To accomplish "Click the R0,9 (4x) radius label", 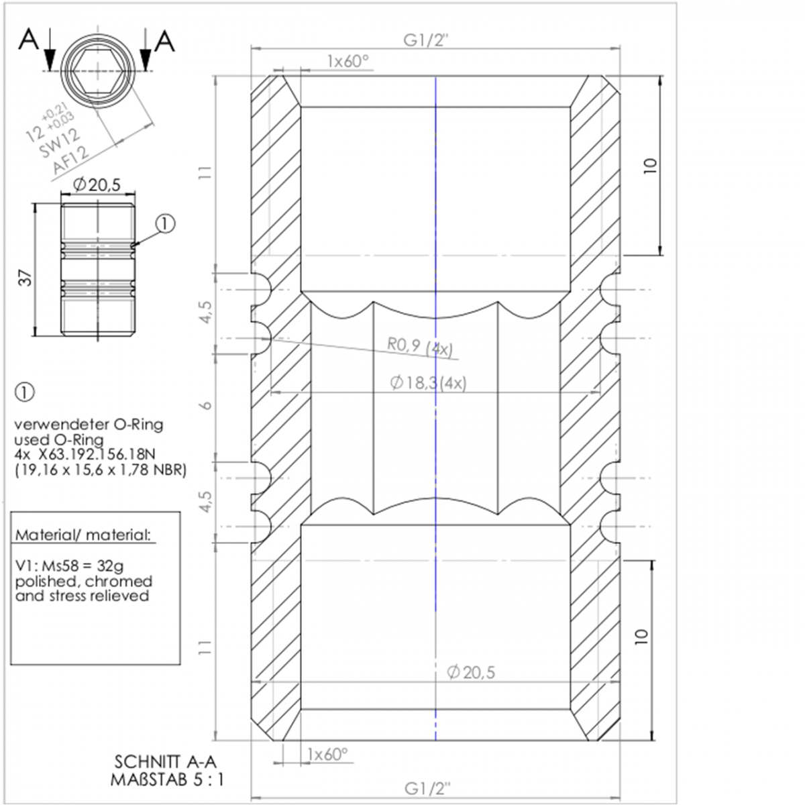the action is click(x=420, y=347).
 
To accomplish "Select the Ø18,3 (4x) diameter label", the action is click(x=428, y=382).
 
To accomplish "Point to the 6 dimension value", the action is click(x=207, y=405).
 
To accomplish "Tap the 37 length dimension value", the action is click(x=26, y=278).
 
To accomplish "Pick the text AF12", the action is click(x=70, y=160).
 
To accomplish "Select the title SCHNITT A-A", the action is click(x=166, y=762).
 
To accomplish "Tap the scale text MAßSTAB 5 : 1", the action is click(x=167, y=780).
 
